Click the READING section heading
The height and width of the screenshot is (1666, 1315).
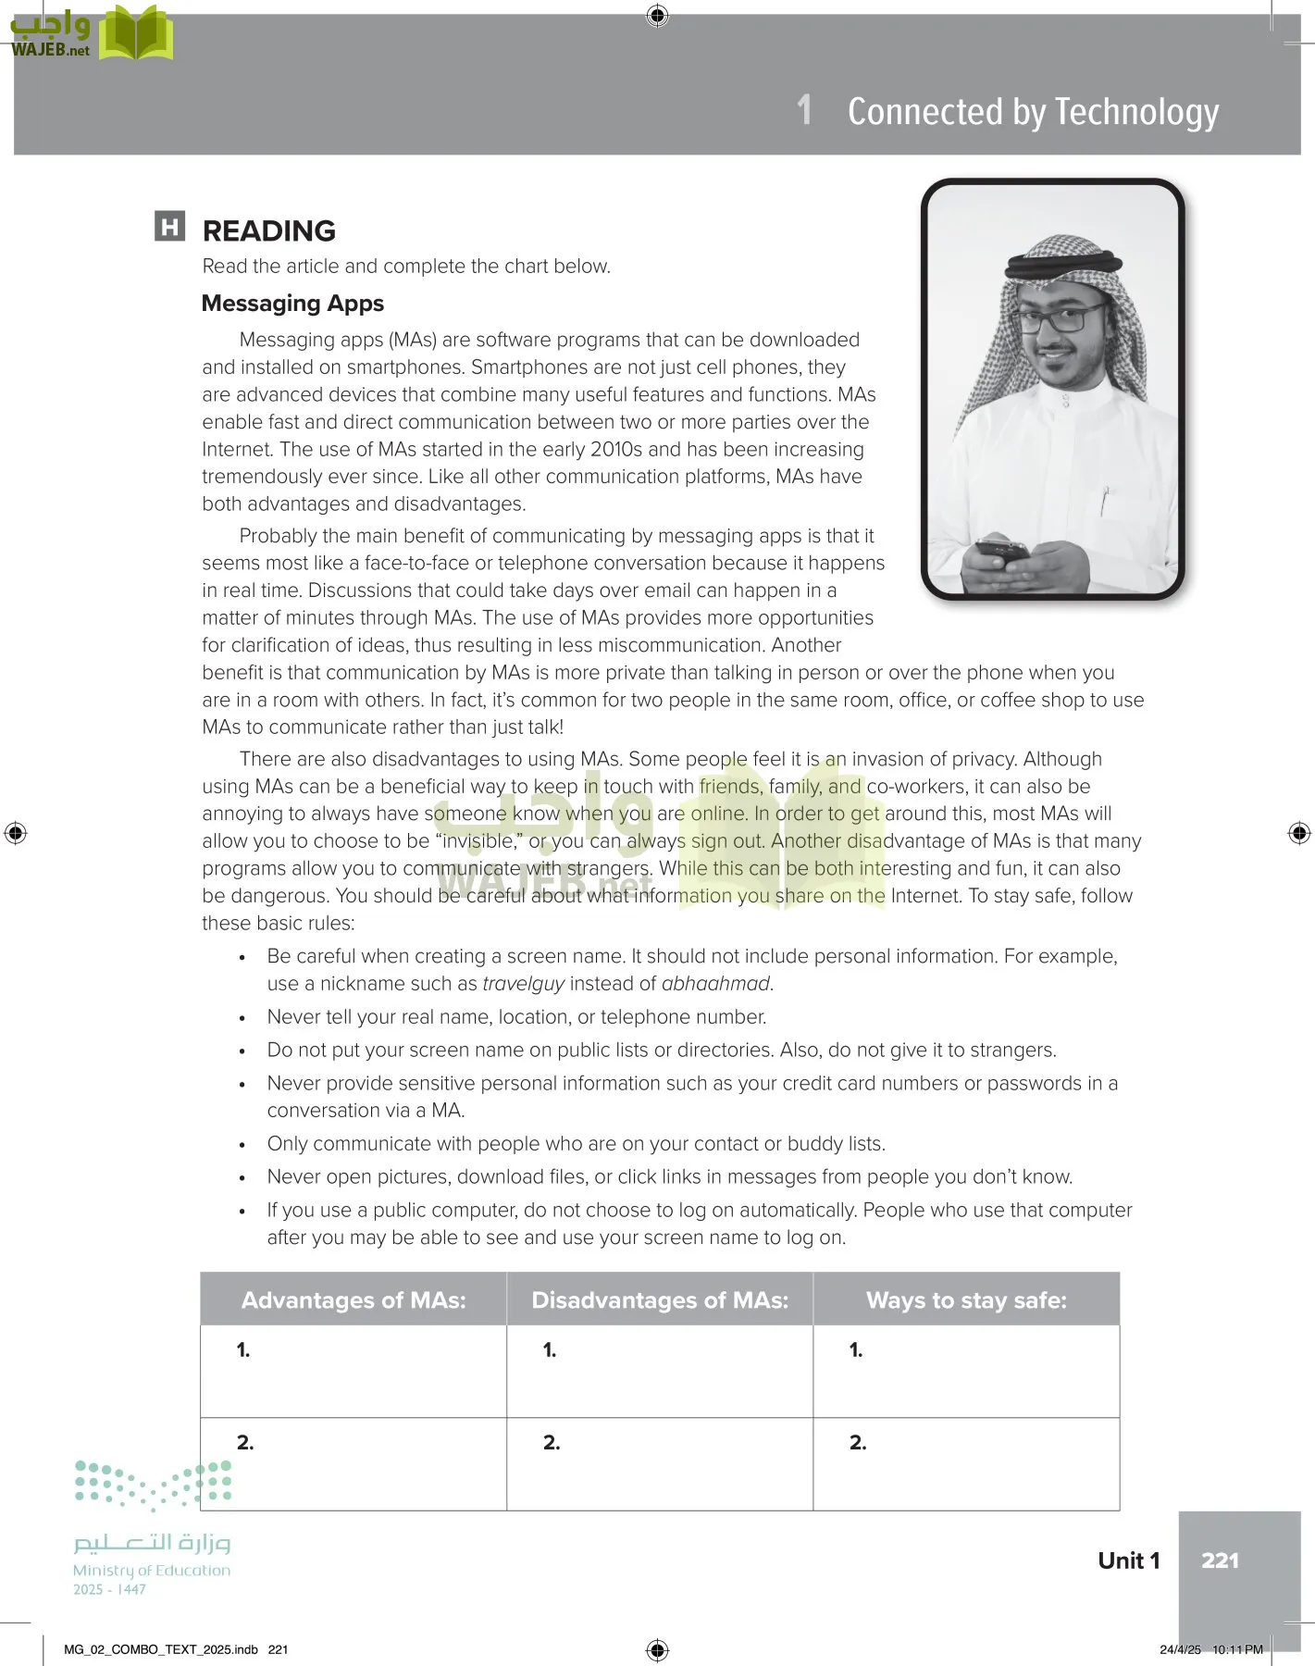click(268, 230)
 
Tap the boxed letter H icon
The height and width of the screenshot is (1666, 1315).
click(170, 227)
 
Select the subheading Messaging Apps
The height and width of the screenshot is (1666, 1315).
click(292, 304)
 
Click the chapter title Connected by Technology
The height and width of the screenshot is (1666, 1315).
click(1033, 112)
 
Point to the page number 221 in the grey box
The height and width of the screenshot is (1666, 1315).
click(1220, 1560)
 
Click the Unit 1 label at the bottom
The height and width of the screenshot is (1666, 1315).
click(1128, 1560)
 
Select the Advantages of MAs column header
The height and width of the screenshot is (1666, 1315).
click(354, 1300)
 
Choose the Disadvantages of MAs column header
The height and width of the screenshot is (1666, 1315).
click(660, 1300)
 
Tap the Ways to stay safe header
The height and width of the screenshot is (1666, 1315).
click(966, 1300)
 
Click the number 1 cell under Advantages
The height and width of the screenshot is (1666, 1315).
click(354, 1371)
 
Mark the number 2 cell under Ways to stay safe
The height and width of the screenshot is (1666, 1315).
click(966, 1463)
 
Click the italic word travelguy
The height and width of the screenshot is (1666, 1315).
click(524, 984)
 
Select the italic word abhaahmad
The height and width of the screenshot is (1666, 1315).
click(715, 984)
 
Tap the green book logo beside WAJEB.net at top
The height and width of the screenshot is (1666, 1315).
click(136, 35)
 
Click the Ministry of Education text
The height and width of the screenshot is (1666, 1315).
click(152, 1571)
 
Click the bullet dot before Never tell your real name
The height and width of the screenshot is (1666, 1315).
click(242, 1018)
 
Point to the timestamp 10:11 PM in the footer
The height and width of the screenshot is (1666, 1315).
click(1237, 1649)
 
